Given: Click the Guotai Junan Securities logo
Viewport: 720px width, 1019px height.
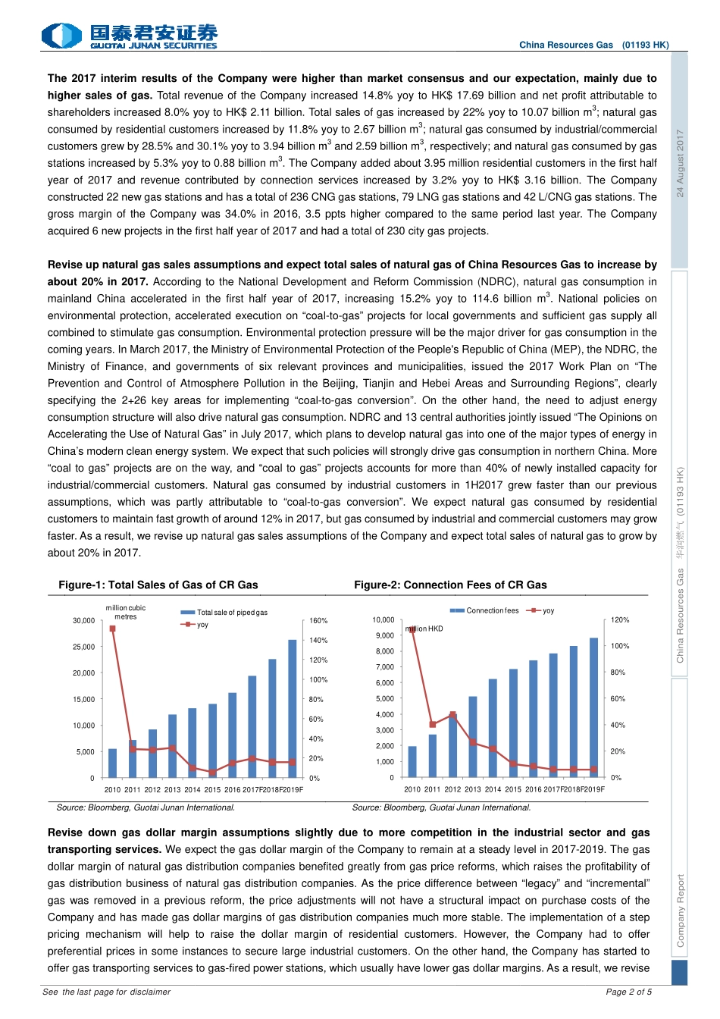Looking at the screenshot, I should tap(130, 36).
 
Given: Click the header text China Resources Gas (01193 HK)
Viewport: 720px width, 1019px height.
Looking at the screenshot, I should tap(593, 45).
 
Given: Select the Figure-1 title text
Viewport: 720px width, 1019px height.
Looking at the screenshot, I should tap(158, 585).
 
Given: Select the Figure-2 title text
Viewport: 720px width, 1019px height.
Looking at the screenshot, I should tap(450, 585).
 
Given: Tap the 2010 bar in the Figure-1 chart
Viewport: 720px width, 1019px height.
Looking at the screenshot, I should tap(113, 763).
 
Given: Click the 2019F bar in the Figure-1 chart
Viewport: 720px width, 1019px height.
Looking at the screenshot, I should tap(293, 708).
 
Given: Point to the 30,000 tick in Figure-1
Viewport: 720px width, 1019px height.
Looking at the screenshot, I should tap(83, 620).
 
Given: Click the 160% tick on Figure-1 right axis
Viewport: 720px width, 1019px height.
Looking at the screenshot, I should tap(318, 620).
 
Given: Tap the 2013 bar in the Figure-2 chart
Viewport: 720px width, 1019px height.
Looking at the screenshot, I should tap(473, 736).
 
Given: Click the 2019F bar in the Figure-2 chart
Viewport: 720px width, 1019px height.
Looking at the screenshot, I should tap(594, 707).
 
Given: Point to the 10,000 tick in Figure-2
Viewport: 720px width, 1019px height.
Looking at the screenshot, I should tap(383, 619).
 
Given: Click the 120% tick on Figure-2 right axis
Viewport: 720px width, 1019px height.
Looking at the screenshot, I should tap(620, 619).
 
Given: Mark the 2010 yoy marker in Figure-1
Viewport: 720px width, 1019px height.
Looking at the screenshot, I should tap(113, 629).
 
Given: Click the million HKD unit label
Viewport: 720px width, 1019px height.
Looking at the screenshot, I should tap(425, 629).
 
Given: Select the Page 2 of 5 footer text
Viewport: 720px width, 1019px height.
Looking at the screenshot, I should tap(628, 992).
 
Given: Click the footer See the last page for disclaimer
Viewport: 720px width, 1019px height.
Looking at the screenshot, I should tap(107, 992).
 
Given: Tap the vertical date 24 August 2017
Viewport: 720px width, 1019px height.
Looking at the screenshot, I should tap(680, 163).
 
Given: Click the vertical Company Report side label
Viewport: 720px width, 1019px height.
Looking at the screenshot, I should tap(680, 910).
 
